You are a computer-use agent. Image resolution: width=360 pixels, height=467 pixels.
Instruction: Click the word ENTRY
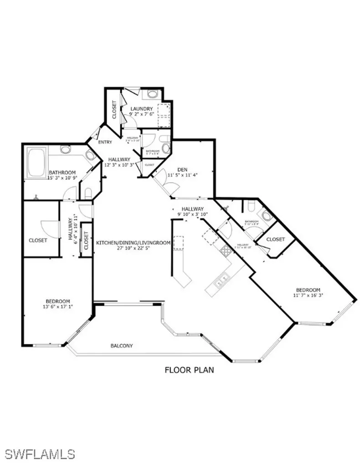click(105, 142)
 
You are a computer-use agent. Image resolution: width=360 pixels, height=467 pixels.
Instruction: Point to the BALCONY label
click(122, 346)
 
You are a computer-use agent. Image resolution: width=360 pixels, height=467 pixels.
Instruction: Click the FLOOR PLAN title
click(189, 370)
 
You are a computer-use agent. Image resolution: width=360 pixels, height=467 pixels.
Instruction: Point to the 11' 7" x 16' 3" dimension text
click(308, 296)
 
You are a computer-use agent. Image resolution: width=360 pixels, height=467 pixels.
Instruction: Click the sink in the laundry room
click(152, 95)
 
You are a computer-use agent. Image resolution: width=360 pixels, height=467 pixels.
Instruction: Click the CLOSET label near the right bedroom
click(275, 239)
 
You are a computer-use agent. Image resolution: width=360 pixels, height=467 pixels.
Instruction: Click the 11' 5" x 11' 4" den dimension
click(183, 174)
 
